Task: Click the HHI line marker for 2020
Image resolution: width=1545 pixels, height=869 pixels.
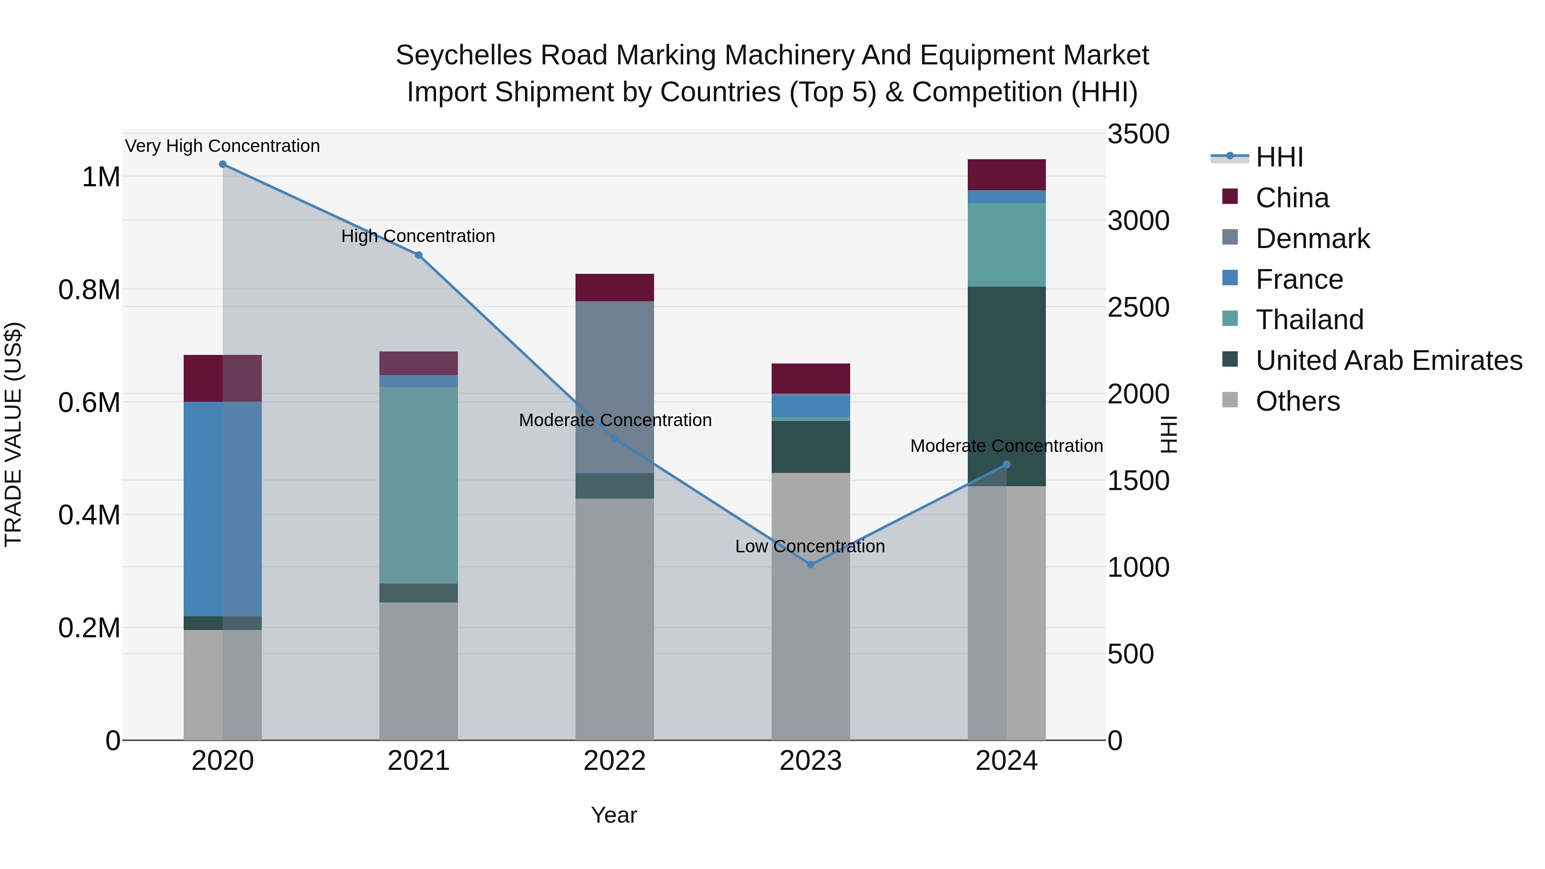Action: pos(222,164)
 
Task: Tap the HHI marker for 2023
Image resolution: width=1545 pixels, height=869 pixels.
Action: pos(810,564)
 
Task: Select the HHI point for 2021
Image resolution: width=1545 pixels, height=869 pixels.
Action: pos(418,255)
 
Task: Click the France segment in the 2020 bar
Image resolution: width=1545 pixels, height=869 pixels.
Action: pos(222,509)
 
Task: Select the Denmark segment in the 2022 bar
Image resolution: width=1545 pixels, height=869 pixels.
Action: pos(614,387)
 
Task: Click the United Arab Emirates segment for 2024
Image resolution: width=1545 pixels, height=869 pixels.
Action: pos(1006,386)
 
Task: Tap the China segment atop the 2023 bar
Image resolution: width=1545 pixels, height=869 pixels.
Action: pos(810,378)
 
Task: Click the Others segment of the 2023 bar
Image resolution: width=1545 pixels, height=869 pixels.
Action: pos(810,606)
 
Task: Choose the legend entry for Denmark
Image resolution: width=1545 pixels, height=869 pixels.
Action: pos(1312,239)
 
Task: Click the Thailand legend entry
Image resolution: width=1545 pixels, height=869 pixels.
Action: pos(1309,320)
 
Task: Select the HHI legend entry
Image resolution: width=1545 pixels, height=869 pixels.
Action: pos(1279,157)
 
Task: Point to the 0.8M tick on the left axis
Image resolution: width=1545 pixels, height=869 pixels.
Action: pos(89,290)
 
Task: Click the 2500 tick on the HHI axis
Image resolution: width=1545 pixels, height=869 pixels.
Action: pos(1138,308)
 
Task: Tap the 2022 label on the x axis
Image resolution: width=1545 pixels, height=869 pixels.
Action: pos(614,761)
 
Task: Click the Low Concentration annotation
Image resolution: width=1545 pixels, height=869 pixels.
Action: pos(810,546)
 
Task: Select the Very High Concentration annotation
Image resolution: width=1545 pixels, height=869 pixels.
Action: pos(222,146)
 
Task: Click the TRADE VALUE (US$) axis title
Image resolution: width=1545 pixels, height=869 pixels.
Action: pos(13,434)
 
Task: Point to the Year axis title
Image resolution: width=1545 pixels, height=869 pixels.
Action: pos(614,815)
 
